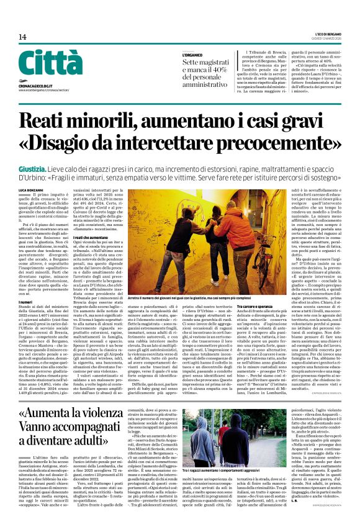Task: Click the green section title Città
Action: pyautogui.click(x=42, y=63)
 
